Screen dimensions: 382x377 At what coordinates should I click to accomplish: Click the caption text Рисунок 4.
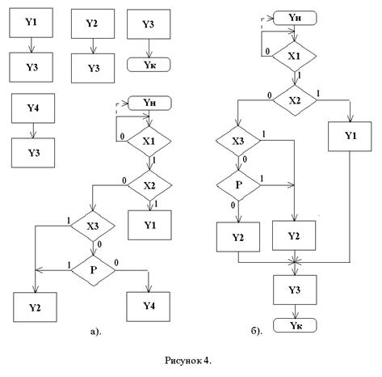click(188, 361)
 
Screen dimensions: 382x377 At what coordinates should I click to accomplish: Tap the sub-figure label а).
click(96, 331)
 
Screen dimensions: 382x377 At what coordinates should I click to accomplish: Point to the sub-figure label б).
click(256, 331)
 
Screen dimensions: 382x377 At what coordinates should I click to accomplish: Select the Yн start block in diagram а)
click(149, 103)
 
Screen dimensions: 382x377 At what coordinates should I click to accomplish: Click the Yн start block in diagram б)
click(295, 18)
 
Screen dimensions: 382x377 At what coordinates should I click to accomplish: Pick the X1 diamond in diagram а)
click(149, 141)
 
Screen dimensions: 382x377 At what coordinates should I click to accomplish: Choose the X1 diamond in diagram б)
click(294, 57)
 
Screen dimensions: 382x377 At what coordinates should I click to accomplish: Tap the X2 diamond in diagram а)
click(149, 185)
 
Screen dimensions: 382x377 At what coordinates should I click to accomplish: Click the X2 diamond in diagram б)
click(295, 100)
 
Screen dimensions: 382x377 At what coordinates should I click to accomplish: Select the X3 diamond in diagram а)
click(93, 226)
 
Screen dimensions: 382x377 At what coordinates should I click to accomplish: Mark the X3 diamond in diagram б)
click(238, 141)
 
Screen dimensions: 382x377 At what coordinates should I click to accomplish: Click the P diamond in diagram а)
click(93, 270)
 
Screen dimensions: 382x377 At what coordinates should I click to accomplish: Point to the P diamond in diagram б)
click(238, 185)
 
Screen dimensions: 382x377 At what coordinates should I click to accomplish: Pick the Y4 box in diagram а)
click(149, 307)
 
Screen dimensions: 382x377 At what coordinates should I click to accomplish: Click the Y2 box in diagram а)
click(35, 307)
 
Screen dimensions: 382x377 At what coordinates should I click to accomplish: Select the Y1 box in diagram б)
click(350, 136)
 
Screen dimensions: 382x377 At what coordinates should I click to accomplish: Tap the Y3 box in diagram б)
click(295, 290)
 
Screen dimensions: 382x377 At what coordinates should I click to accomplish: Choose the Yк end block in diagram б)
click(295, 325)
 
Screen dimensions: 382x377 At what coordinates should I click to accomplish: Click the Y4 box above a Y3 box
click(33, 108)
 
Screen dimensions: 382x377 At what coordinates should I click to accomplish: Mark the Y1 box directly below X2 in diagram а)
click(149, 225)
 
